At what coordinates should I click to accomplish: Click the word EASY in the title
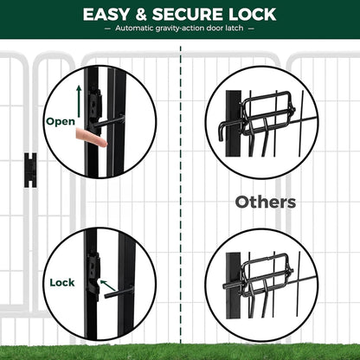click(x=106, y=15)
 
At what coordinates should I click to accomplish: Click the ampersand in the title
click(x=141, y=15)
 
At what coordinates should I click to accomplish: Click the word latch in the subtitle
click(x=235, y=28)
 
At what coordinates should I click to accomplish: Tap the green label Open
click(x=61, y=122)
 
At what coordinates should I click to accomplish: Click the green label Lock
click(x=62, y=282)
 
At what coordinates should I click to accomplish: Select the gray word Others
click(x=266, y=202)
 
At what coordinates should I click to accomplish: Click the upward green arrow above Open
click(x=79, y=101)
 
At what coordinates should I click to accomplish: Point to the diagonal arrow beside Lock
click(x=108, y=286)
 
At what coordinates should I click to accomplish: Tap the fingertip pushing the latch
click(x=101, y=142)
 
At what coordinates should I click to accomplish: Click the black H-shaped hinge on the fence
click(x=30, y=170)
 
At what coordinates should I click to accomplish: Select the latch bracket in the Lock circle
click(x=93, y=274)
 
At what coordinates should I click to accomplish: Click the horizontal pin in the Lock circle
click(x=119, y=292)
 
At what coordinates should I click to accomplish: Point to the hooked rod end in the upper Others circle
click(x=221, y=132)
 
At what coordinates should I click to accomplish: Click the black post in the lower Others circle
click(x=233, y=286)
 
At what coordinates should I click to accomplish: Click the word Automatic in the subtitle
click(x=134, y=28)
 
